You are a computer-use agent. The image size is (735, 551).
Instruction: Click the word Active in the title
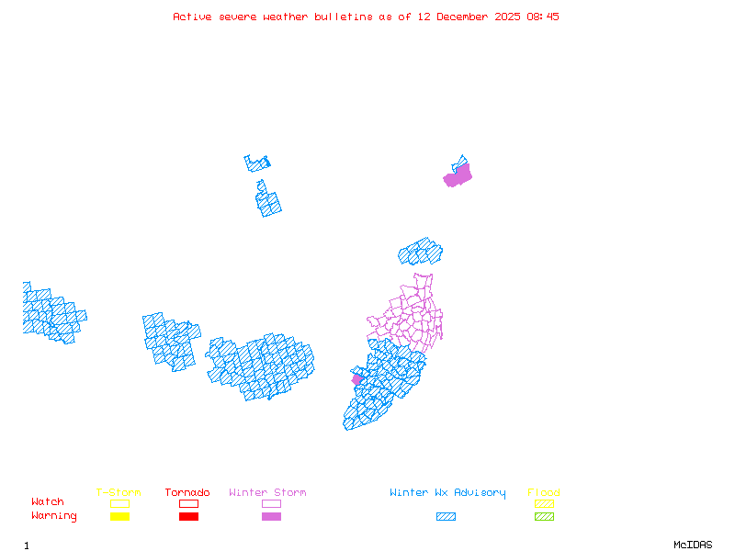click(x=191, y=17)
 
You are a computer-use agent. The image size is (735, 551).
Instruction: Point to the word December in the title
click(x=466, y=17)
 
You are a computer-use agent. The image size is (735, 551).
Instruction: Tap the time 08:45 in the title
click(x=542, y=17)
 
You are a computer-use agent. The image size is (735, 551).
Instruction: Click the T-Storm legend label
click(x=119, y=493)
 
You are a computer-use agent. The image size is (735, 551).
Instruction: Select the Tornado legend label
click(x=187, y=493)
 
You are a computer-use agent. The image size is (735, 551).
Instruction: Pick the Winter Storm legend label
click(x=267, y=493)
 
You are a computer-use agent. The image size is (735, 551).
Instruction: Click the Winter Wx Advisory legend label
click(x=447, y=493)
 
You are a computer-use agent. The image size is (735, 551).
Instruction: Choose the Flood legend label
click(x=544, y=493)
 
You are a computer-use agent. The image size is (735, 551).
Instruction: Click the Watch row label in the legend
click(x=48, y=502)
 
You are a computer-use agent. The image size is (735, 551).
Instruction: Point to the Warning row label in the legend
click(x=54, y=516)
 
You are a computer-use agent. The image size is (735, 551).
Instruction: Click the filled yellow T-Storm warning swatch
click(x=119, y=517)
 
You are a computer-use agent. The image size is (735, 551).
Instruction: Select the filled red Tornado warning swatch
click(x=188, y=517)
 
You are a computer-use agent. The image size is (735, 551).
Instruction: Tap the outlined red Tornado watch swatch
click(x=188, y=503)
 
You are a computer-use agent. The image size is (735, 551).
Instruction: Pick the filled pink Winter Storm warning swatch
click(x=271, y=517)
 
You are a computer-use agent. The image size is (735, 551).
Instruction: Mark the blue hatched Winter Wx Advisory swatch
click(x=446, y=517)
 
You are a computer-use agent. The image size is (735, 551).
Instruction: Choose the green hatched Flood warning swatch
click(x=544, y=517)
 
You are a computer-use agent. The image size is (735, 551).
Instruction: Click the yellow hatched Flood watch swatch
click(x=544, y=503)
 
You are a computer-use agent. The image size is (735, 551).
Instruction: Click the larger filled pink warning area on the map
click(x=458, y=175)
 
